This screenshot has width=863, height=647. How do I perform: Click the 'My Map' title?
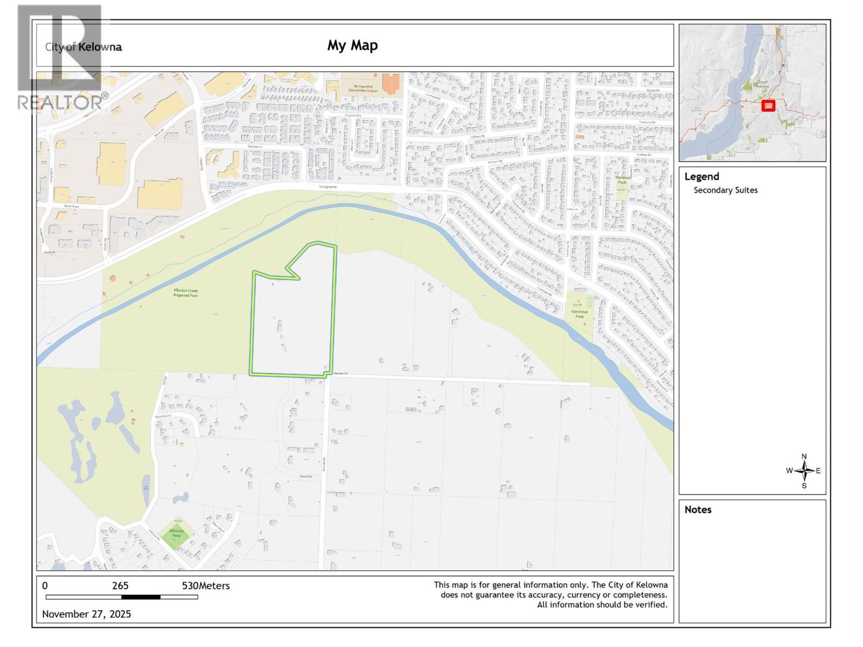352,45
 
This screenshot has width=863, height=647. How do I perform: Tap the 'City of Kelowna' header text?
84,47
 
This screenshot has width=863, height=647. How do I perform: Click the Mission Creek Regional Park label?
186,293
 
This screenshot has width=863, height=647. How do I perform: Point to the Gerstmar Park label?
579,314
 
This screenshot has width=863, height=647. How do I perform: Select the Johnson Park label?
176,533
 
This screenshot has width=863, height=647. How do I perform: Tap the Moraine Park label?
622,180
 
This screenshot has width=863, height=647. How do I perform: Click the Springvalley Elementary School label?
365,88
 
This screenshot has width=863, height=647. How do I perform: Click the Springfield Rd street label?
327,187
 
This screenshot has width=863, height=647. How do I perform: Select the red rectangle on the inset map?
768,106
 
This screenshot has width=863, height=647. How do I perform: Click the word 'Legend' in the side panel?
701,176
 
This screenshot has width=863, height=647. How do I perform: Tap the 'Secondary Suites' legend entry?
725,190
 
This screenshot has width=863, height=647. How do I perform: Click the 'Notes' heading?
697,510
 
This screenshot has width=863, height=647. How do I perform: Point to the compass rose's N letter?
804,457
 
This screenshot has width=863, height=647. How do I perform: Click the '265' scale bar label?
120,586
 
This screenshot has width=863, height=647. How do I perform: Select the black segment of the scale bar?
141,597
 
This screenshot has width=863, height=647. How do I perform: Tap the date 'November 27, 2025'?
86,614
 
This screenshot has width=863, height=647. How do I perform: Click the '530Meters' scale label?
206,586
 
